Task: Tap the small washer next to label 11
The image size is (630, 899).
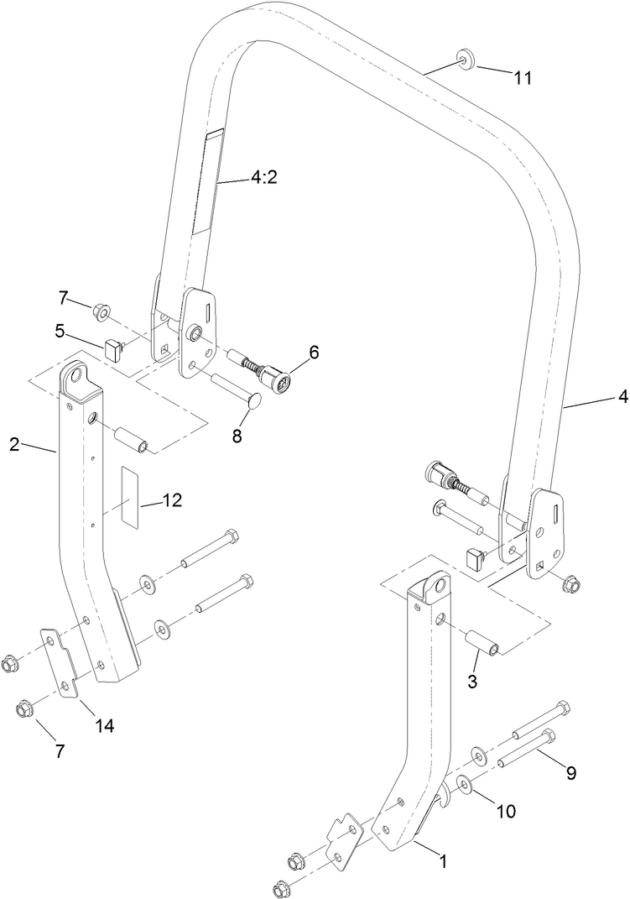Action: [464, 60]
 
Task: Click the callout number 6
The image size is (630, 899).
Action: [314, 353]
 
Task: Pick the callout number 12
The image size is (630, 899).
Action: [172, 501]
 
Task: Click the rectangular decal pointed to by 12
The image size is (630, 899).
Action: [128, 494]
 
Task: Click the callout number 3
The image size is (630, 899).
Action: [472, 682]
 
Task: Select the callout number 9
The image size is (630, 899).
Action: [570, 774]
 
